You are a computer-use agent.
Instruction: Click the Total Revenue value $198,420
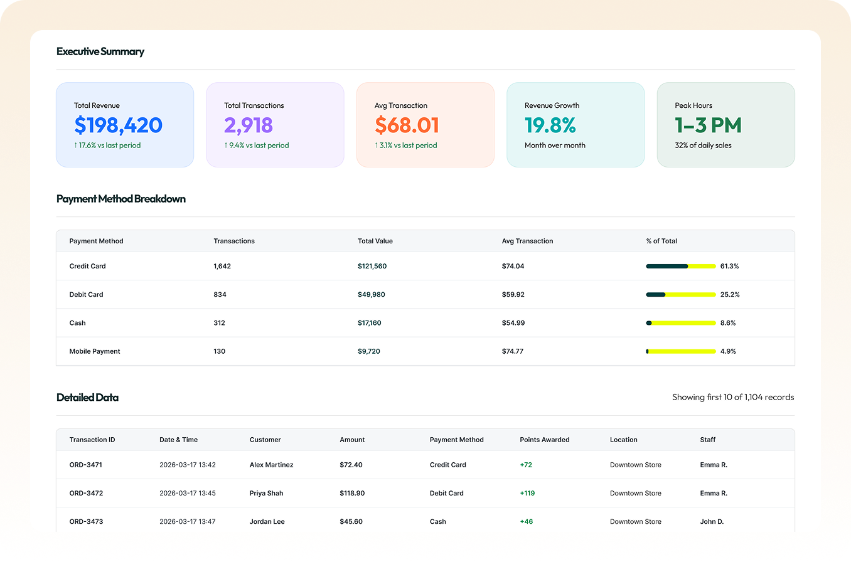point(118,125)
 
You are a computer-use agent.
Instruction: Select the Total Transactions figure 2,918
point(249,125)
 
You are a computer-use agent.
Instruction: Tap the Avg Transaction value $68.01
point(407,125)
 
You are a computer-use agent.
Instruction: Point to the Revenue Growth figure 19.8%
point(550,125)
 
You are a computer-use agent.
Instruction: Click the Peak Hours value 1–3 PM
point(708,125)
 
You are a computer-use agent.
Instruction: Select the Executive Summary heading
point(100,51)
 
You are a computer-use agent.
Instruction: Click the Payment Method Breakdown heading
point(121,199)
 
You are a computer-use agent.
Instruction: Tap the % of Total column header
point(661,241)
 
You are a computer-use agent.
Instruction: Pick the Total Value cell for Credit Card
point(372,266)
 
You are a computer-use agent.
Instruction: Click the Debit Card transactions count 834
point(220,294)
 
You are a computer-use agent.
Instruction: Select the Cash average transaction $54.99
point(513,323)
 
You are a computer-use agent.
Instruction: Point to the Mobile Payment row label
point(95,351)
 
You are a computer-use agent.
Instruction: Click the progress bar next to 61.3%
point(681,266)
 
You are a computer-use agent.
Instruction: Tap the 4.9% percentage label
point(728,351)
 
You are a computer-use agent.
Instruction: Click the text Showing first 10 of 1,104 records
point(733,397)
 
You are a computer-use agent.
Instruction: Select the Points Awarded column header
point(545,440)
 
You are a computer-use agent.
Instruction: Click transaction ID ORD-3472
point(86,493)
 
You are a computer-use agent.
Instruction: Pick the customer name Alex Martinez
point(271,465)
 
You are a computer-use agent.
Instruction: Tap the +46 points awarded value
point(527,521)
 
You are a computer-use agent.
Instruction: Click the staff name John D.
point(712,521)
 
